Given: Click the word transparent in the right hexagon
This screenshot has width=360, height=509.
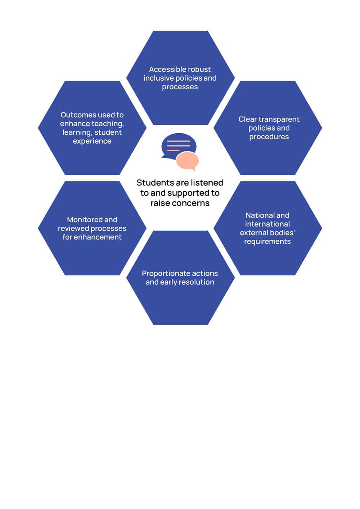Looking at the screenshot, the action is (279, 120).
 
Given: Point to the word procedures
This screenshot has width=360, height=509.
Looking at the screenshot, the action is (269, 137).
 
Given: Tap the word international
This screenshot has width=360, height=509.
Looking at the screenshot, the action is (267, 224).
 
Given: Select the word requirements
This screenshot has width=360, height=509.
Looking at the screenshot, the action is (267, 242).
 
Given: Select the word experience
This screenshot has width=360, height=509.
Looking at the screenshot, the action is (92, 141).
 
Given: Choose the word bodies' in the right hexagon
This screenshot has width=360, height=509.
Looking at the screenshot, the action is (284, 233).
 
